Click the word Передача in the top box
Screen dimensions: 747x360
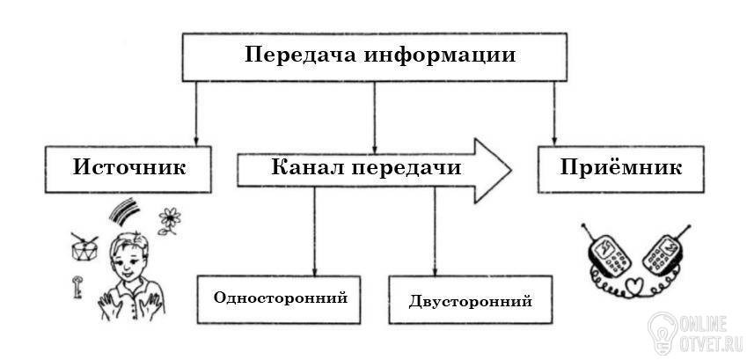click(x=301, y=55)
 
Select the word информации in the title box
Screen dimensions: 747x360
click(x=440, y=56)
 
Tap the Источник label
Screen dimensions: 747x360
click(x=129, y=168)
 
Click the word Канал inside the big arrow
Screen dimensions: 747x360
click(x=307, y=168)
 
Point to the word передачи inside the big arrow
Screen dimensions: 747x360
click(x=406, y=168)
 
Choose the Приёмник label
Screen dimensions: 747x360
click(x=621, y=167)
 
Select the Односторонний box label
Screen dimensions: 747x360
click(x=280, y=298)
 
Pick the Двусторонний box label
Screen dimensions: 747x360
click(x=470, y=302)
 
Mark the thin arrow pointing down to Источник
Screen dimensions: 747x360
click(x=195, y=114)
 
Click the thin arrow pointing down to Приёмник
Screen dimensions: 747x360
click(x=553, y=114)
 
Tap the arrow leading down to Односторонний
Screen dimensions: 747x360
click(x=314, y=231)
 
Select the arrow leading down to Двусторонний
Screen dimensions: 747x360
click(x=435, y=231)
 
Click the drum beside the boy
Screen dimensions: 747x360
click(x=84, y=246)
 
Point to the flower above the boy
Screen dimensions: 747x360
click(x=169, y=221)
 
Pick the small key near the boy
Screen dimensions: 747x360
click(x=77, y=287)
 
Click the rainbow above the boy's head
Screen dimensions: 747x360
click(x=124, y=210)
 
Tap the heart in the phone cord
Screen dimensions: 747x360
click(x=636, y=287)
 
